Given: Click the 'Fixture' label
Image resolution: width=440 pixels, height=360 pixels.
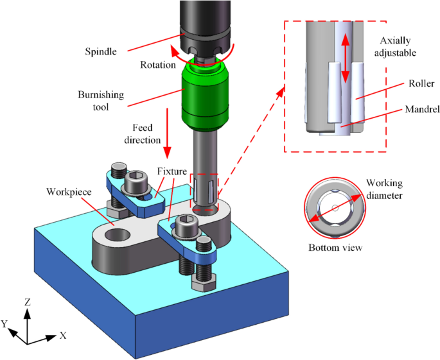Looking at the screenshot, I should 171,171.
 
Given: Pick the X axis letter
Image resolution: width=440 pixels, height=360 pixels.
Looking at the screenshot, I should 63,335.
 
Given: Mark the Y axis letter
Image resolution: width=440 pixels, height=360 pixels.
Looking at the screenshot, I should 6,325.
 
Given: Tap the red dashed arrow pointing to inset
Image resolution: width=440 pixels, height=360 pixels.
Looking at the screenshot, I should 250,141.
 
